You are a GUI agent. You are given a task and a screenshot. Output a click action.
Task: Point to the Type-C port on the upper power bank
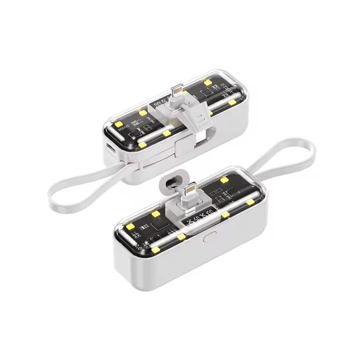(109, 150)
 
